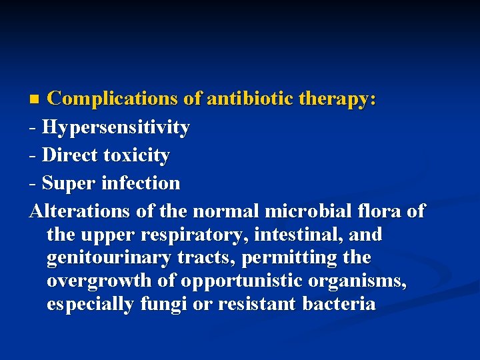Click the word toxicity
[137, 155]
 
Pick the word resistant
[251, 304]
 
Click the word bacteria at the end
[339, 304]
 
